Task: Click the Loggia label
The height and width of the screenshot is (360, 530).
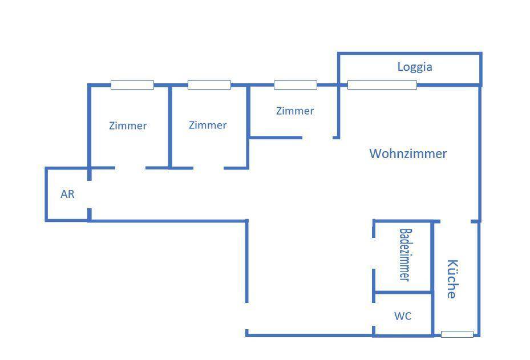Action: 415,67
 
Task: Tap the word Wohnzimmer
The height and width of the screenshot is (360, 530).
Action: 408,153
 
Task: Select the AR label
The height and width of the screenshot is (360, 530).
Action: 67,194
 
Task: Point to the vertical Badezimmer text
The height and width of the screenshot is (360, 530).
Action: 405,254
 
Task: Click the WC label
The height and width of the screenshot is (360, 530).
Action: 403,316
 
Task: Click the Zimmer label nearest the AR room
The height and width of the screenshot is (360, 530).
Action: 128,126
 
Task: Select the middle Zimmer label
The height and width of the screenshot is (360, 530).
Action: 208,125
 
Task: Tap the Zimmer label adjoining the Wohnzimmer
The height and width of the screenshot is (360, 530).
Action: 295,111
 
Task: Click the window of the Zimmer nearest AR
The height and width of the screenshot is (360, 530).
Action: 132,85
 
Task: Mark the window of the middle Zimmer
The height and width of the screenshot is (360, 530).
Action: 209,85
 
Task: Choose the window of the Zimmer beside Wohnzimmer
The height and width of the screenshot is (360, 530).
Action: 295,85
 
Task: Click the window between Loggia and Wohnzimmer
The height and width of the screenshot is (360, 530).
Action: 382,85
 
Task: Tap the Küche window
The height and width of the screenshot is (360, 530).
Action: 457,334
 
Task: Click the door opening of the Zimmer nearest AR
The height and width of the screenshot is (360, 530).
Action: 130,168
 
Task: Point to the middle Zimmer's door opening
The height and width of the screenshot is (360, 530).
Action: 208,168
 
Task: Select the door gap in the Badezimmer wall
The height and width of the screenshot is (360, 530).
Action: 374,253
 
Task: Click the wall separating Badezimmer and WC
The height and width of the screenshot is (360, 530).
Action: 402,293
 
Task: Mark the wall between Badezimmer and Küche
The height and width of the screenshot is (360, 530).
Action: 432,257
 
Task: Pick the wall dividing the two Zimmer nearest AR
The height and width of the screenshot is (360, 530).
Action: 170,126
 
